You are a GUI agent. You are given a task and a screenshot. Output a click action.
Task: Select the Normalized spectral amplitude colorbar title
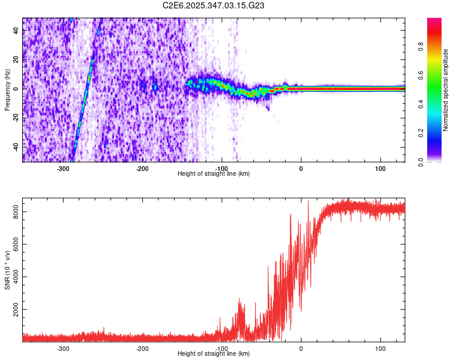[446, 90]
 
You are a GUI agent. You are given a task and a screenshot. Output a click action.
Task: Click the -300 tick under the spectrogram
[63, 167]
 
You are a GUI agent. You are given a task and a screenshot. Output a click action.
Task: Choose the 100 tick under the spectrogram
[380, 167]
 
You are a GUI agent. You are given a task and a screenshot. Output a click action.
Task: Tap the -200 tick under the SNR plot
[142, 348]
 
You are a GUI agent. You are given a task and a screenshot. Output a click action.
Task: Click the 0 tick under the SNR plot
[301, 348]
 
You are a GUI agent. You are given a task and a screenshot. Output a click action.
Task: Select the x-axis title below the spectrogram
[214, 173]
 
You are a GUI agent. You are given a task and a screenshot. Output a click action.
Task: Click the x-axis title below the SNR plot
[214, 354]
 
